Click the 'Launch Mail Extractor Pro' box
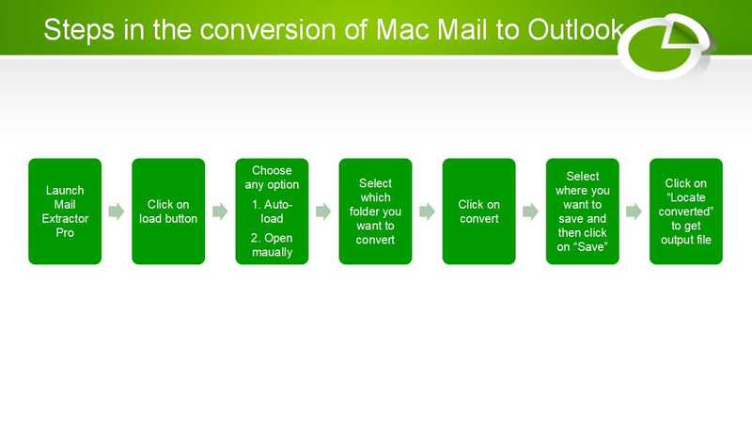(65, 211)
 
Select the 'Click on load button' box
(168, 211)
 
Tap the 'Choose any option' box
(272, 211)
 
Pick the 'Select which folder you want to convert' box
(375, 211)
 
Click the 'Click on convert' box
(478, 211)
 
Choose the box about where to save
(582, 211)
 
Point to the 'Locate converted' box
(685, 211)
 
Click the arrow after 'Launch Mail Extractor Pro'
(117, 211)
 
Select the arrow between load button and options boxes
(220, 211)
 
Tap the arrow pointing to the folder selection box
(323, 211)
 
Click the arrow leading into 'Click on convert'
(427, 211)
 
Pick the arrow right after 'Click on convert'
(530, 211)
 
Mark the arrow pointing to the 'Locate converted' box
(634, 211)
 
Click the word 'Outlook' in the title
(576, 30)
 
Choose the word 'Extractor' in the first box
(65, 218)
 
